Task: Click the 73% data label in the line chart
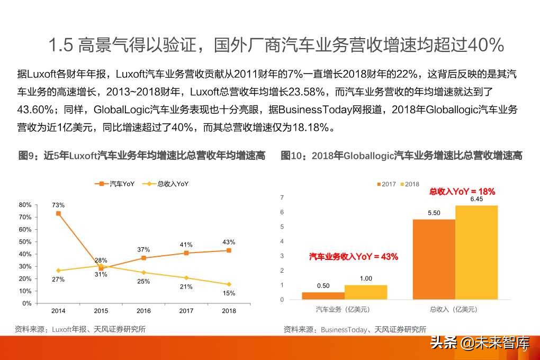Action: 58,205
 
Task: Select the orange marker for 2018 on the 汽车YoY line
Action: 229,250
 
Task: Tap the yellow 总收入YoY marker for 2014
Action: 58,271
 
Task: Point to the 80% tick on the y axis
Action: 25,205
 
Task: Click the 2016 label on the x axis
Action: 143,310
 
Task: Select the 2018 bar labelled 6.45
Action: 476,253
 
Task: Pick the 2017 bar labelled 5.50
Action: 434,259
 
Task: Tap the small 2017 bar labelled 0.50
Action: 323,295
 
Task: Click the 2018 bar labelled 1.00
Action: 365,292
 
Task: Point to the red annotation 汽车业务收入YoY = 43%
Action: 353,257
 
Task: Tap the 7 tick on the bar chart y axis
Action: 282,197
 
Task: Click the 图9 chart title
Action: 141,156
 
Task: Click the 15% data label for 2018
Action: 229,293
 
